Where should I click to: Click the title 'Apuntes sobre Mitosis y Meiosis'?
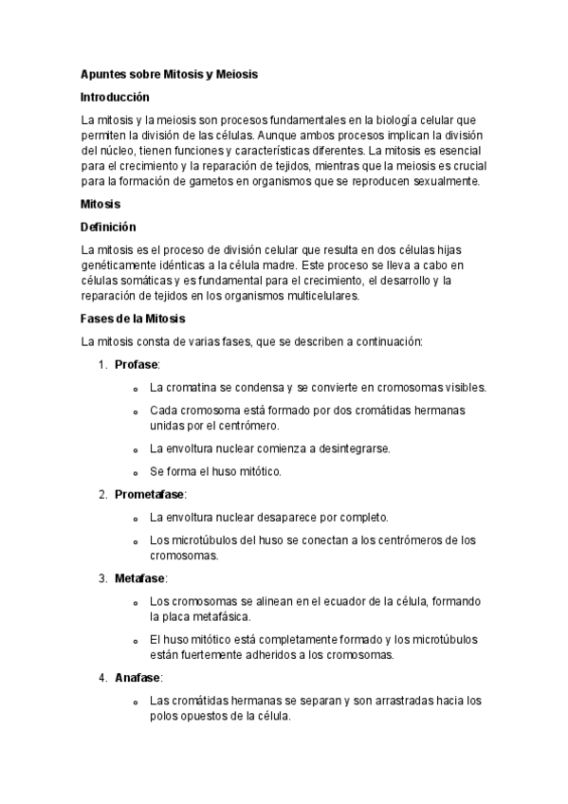click(170, 73)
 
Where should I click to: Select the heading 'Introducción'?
click(116, 97)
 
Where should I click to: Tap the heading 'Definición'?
click(109, 227)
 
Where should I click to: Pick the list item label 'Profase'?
click(137, 364)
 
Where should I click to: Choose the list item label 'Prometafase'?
click(150, 494)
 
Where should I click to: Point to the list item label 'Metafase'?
click(140, 577)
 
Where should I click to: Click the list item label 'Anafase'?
click(138, 678)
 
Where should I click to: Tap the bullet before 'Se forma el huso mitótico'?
click(137, 471)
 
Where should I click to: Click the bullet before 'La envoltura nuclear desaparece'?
click(137, 518)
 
